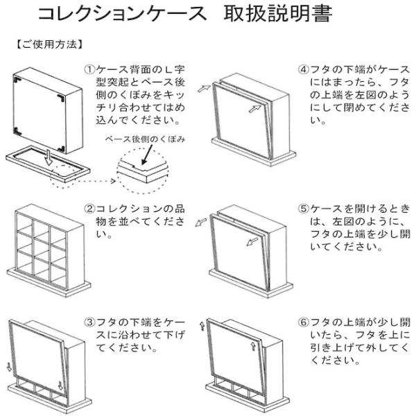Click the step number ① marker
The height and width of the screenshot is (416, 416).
(x=89, y=69)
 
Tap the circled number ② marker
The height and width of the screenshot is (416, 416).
(x=89, y=209)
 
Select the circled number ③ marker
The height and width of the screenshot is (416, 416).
(x=89, y=322)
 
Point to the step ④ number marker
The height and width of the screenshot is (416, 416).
(x=304, y=69)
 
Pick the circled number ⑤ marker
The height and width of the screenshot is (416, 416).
(x=304, y=209)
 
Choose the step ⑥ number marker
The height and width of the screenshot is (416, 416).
(x=304, y=322)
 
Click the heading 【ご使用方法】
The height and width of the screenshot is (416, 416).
(x=50, y=44)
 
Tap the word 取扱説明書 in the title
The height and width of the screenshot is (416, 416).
(x=278, y=14)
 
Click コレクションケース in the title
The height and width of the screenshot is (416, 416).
(x=122, y=14)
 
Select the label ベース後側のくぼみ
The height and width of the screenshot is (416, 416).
(x=145, y=139)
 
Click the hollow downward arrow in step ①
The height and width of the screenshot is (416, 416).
(x=49, y=157)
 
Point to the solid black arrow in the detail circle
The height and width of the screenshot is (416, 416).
(x=148, y=155)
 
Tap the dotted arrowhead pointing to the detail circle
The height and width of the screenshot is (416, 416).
(x=113, y=181)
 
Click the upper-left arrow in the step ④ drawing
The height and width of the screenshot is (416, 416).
(x=204, y=88)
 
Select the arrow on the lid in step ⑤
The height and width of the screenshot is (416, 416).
(x=252, y=242)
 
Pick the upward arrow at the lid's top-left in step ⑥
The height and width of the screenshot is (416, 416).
(x=202, y=326)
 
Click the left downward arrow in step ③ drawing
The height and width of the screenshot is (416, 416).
(x=9, y=367)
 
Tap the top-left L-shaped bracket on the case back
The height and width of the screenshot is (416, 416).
(x=18, y=79)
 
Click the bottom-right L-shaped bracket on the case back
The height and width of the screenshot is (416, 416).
(x=62, y=148)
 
